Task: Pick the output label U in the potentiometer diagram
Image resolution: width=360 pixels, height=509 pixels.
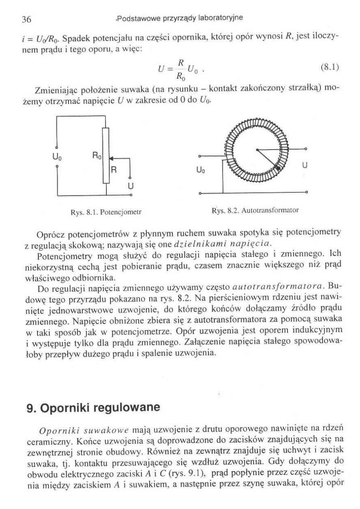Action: coord(130,187)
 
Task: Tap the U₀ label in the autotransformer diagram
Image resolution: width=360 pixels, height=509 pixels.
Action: coord(210,170)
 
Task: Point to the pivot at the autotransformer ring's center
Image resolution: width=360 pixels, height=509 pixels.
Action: coord(256,150)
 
